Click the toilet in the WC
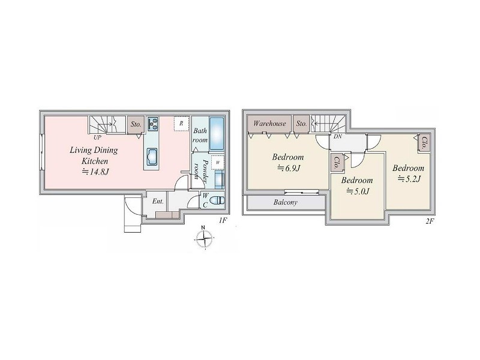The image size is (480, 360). pyautogui.click(x=218, y=200)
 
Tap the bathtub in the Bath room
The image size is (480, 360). pyautogui.click(x=217, y=134)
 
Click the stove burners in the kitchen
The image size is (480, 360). pyautogui.click(x=152, y=124)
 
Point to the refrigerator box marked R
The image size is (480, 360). pyautogui.click(x=181, y=124)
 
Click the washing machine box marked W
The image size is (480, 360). pyautogui.click(x=218, y=162)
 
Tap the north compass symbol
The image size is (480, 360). pyautogui.click(x=204, y=238)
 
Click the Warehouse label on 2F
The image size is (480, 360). pyautogui.click(x=269, y=124)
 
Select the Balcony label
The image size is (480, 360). pyautogui.click(x=286, y=202)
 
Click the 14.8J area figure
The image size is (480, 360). pyautogui.click(x=95, y=172)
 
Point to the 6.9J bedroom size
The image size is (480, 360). pyautogui.click(x=288, y=168)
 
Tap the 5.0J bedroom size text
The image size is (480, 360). pyautogui.click(x=358, y=191)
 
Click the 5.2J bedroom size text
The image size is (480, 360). pyautogui.click(x=409, y=178)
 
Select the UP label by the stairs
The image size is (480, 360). pyautogui.click(x=97, y=138)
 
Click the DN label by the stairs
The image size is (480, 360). pyautogui.click(x=338, y=137)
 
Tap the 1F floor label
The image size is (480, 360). pyautogui.click(x=222, y=220)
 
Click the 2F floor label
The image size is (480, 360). pyautogui.click(x=430, y=221)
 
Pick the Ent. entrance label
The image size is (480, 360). pyautogui.click(x=158, y=202)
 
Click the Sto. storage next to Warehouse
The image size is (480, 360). pyautogui.click(x=301, y=124)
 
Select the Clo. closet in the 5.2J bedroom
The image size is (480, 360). pyautogui.click(x=424, y=143)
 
